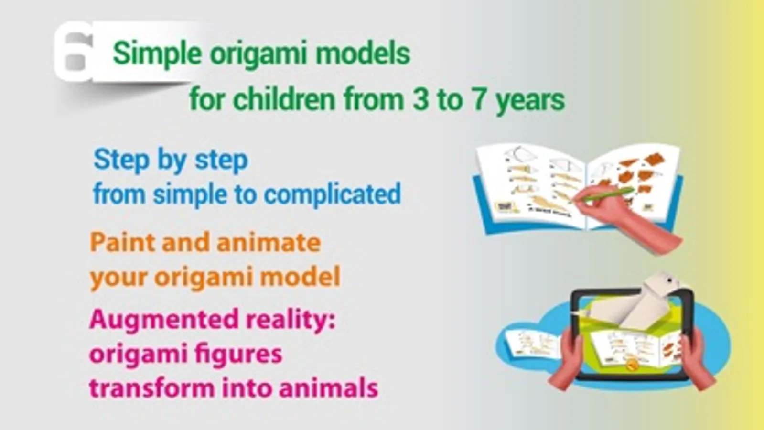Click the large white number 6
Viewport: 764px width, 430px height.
pyautogui.click(x=74, y=51)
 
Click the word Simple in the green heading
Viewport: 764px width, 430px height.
pyautogui.click(x=157, y=54)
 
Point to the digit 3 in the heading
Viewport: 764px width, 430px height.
pyautogui.click(x=420, y=99)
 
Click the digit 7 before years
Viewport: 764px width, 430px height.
pyautogui.click(x=480, y=99)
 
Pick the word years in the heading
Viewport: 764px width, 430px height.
pyautogui.click(x=530, y=102)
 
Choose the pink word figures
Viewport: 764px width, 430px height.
pyautogui.click(x=238, y=355)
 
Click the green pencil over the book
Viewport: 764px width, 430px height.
pyautogui.click(x=603, y=195)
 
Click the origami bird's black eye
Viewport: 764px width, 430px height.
pyautogui.click(x=669, y=280)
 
